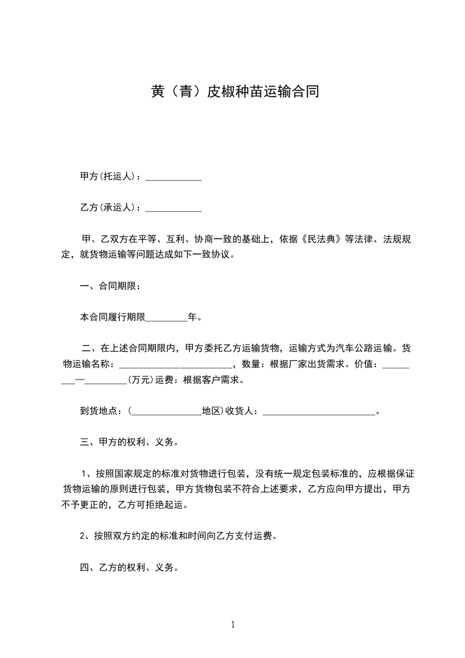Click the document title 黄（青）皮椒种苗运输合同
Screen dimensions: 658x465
(x=233, y=91)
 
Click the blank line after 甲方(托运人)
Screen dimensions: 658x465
(x=174, y=177)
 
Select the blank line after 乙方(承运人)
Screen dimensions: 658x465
(x=174, y=208)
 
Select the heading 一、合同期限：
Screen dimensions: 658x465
(x=110, y=286)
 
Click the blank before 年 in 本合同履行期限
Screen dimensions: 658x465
(x=166, y=318)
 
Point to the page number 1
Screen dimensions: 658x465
(x=233, y=625)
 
